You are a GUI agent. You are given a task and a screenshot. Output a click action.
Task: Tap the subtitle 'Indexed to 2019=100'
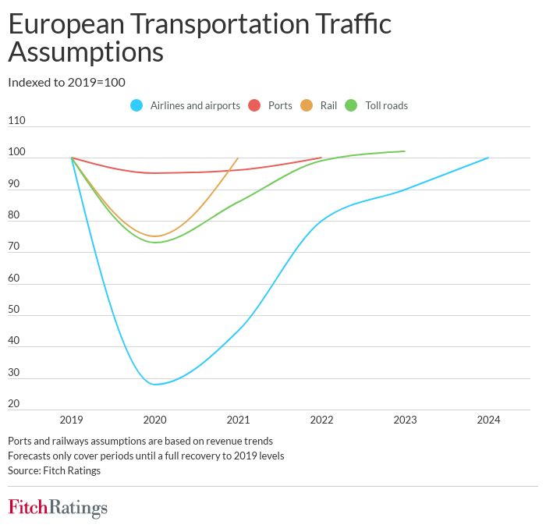(x=66, y=82)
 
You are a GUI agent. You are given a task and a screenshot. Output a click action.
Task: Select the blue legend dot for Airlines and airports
(x=137, y=105)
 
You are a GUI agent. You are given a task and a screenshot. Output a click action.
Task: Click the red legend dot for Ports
(x=254, y=105)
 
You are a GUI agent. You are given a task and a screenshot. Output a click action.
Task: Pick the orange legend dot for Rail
(x=307, y=105)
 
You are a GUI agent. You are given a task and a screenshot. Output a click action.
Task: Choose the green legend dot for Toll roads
(x=352, y=105)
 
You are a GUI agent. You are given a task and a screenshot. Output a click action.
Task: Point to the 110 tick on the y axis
(x=16, y=121)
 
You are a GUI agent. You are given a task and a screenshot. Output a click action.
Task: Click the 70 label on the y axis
(x=13, y=246)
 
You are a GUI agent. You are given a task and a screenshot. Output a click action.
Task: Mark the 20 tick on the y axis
(x=13, y=403)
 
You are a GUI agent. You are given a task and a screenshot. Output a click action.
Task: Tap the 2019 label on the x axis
(x=72, y=420)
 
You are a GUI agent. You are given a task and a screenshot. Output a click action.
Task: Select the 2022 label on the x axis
(x=321, y=420)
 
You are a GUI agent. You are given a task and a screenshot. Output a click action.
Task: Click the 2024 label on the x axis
(x=488, y=420)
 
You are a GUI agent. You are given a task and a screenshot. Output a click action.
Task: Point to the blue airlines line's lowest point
(x=155, y=384)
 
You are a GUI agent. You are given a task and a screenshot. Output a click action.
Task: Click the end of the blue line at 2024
(x=488, y=158)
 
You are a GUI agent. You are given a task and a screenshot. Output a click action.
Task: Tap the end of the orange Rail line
(x=238, y=158)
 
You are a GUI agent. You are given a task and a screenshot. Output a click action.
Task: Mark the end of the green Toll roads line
(x=405, y=151)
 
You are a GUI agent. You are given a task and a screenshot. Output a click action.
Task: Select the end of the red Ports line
(x=321, y=158)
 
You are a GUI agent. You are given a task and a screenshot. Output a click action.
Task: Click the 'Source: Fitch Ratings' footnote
(x=54, y=470)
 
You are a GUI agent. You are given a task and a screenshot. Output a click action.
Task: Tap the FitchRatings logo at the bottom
(x=58, y=508)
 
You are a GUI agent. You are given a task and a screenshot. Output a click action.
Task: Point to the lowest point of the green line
(x=155, y=242)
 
